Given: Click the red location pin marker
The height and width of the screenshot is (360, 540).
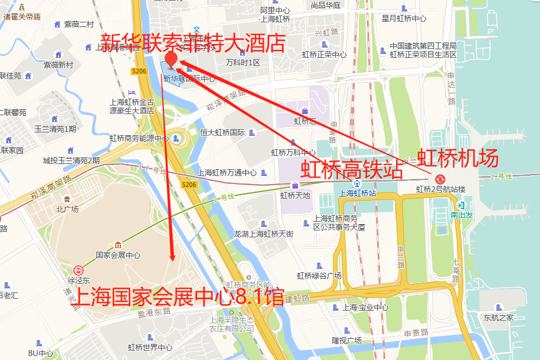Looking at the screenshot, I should coord(171,60).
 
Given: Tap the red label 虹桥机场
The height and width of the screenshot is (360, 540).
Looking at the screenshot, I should coord(457,158).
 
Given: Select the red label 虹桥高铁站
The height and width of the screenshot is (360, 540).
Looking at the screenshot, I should coord(351,170).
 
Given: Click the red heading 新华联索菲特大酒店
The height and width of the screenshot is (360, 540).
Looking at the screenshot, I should coord(193,43).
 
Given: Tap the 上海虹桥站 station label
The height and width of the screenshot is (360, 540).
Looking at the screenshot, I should coord(358,193).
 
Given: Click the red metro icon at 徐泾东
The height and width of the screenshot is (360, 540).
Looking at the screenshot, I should coord(79,270).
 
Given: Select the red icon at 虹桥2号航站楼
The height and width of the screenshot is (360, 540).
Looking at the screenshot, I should coord(440,179).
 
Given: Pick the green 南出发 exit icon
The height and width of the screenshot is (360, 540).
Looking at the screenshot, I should coord(460,206).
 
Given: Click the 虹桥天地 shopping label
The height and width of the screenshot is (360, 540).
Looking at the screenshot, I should coord(295,195).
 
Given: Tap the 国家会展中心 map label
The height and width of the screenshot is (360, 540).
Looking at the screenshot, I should coord(118,255).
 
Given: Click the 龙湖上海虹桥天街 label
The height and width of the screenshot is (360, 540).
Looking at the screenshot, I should coord(264,233).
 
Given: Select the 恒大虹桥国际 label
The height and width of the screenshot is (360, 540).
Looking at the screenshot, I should coord(222,132).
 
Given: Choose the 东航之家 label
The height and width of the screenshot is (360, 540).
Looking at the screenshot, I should coord(498,317).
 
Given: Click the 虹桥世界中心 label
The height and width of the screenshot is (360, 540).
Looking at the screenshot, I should coord(150,347).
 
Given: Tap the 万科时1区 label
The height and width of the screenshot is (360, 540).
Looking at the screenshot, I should coord(242,62).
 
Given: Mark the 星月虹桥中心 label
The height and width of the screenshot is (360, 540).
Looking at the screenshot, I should coord(404,18).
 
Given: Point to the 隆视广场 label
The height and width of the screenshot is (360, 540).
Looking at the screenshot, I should coord(346,340).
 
